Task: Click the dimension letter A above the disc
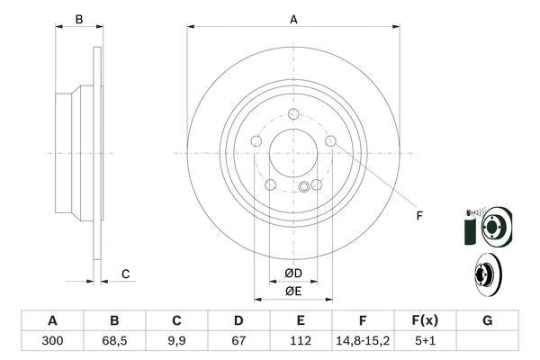tap(293, 19)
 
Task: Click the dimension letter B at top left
tap(79, 19)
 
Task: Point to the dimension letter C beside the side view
tap(126, 274)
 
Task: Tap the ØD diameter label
tap(293, 273)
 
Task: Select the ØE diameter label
tap(293, 290)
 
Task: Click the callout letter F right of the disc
tap(419, 214)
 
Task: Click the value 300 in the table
tap(52, 340)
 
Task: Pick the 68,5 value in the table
tap(114, 340)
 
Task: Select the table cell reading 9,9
tap(177, 340)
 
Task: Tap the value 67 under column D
tap(238, 340)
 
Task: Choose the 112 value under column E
tap(301, 340)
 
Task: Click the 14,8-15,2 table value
tap(363, 340)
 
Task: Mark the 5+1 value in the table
tap(425, 340)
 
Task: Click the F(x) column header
tap(425, 320)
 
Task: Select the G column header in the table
tap(487, 320)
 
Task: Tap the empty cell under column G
tap(487, 340)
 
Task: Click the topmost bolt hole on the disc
tap(293, 113)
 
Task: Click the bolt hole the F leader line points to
tap(330, 140)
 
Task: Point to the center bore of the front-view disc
tap(293, 151)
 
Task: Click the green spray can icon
tap(468, 230)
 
